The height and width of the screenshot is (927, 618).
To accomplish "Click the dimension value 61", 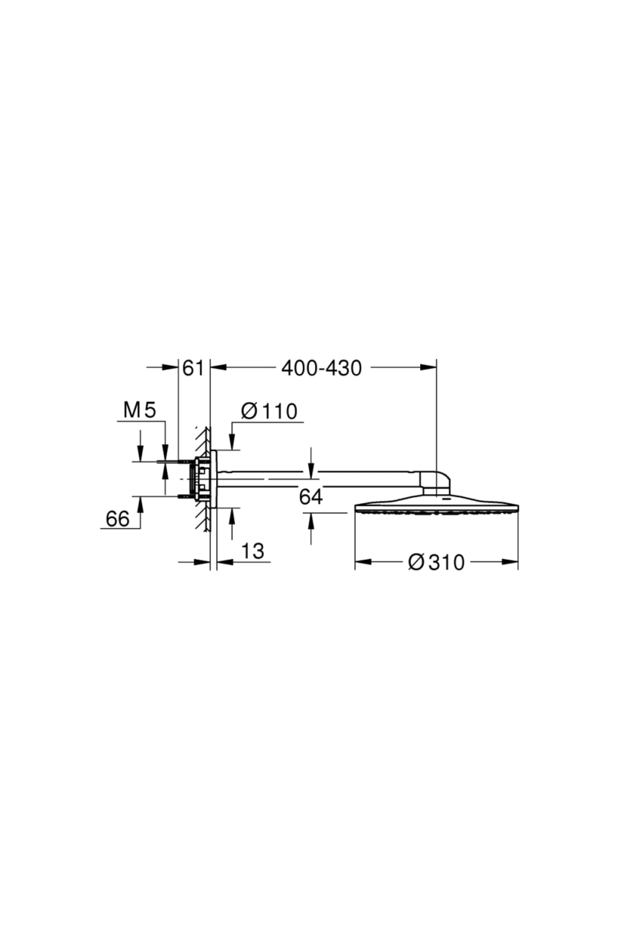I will click(x=194, y=368).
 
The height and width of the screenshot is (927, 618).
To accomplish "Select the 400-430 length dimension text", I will click(x=321, y=368).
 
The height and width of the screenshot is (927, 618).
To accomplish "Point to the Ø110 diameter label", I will click(x=269, y=411).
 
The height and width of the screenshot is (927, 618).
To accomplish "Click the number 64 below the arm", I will click(x=311, y=497).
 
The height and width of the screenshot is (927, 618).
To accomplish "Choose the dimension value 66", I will click(x=117, y=519).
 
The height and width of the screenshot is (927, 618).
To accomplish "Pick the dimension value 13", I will click(x=252, y=551).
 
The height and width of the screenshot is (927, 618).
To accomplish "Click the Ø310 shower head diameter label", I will click(x=436, y=562).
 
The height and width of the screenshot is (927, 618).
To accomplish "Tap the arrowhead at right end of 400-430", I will click(x=428, y=367).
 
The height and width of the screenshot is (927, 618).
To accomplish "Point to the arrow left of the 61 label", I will click(x=170, y=367).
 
